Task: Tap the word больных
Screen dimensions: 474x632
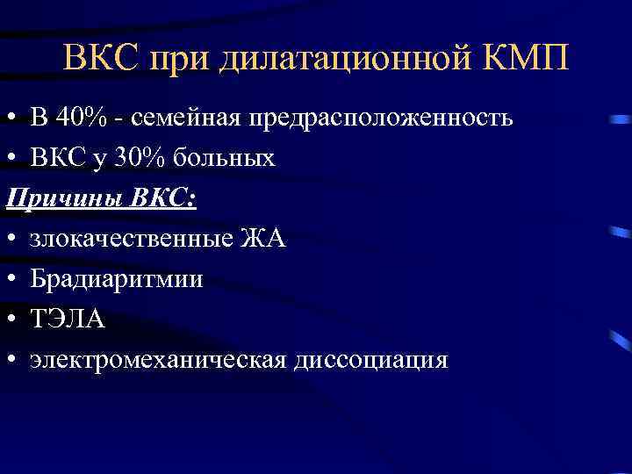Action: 223,159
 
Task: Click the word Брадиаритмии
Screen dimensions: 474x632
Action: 116,280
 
